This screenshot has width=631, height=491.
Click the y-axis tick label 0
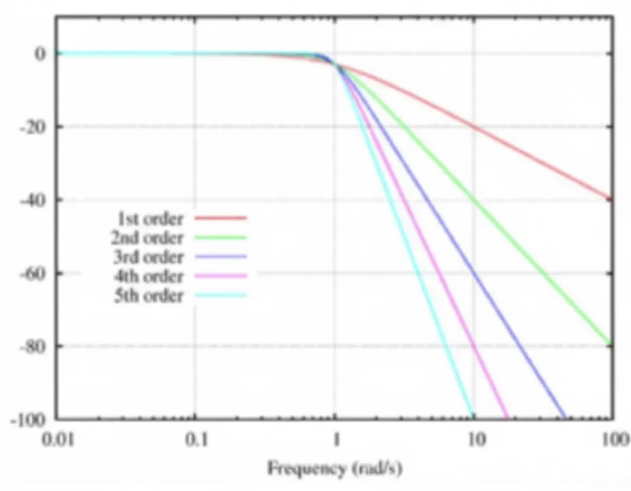40,54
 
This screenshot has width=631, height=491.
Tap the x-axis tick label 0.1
197,439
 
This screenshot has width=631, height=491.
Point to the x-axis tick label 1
336,439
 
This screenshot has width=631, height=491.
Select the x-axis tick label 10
476,439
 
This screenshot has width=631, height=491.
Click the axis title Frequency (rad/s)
335,469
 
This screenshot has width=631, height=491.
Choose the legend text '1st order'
150,219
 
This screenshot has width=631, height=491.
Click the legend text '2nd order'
147,238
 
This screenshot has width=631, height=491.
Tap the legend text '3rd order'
148,257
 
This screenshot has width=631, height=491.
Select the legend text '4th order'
148,277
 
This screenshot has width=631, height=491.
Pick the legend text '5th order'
149,296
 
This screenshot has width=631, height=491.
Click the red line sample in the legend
221,218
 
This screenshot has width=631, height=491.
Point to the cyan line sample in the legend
221,295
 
